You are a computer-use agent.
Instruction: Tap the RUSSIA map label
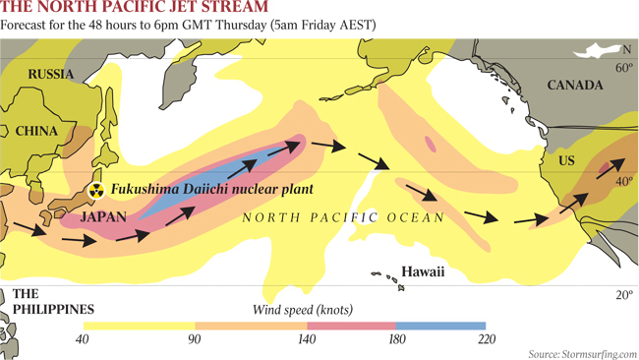pyautogui.click(x=50, y=75)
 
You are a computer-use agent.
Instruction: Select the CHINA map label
pyautogui.click(x=36, y=130)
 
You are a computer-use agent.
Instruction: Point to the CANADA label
pyautogui.click(x=573, y=86)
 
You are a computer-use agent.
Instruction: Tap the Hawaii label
pyautogui.click(x=423, y=271)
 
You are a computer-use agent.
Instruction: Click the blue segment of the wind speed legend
pyautogui.click(x=440, y=326)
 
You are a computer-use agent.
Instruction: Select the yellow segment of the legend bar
pyautogui.click(x=139, y=326)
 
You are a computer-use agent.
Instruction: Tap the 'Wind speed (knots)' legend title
pyautogui.click(x=300, y=309)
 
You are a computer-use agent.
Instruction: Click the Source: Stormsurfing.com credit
pyautogui.click(x=582, y=353)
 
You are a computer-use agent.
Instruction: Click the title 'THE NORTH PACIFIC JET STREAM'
pyautogui.click(x=134, y=9)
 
